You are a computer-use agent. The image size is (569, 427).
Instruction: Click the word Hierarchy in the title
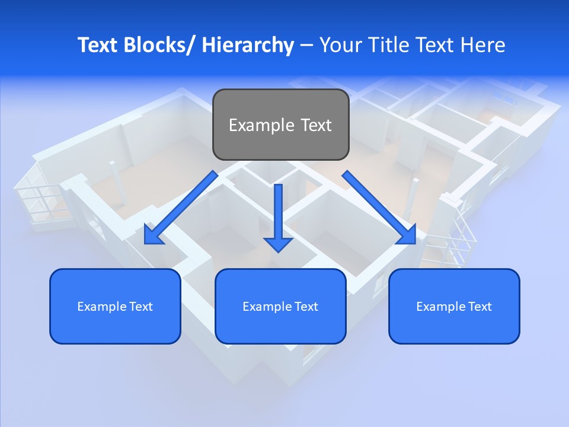pos(248,45)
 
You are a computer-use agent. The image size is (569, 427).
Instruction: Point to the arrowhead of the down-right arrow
pos(407,235)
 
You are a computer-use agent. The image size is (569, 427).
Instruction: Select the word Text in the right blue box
pos(479,307)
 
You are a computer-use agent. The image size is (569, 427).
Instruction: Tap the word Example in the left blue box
pos(98,307)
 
